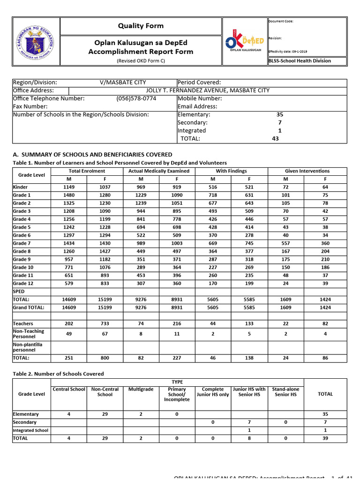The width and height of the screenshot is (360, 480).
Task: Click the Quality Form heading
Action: [141, 26]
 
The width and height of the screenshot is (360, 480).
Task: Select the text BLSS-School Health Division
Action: [300, 61]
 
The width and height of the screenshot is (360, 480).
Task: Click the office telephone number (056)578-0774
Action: [136, 98]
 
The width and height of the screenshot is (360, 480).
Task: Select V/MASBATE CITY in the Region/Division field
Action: [122, 82]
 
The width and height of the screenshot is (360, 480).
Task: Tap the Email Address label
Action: [197, 106]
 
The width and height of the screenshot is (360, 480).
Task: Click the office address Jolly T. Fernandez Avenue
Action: [208, 90]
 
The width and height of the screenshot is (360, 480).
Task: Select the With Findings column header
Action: [231, 171]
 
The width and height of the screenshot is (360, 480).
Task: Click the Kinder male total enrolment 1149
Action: [69, 187]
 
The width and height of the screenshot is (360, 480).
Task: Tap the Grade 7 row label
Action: [22, 243]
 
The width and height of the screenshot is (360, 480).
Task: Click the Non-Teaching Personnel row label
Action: [29, 334]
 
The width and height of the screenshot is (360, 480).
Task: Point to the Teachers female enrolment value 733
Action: [105, 323]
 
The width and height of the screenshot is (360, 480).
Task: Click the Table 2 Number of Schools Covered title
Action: [58, 374]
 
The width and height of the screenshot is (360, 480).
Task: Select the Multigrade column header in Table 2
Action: [141, 390]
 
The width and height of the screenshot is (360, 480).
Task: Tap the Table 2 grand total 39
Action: [325, 438]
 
